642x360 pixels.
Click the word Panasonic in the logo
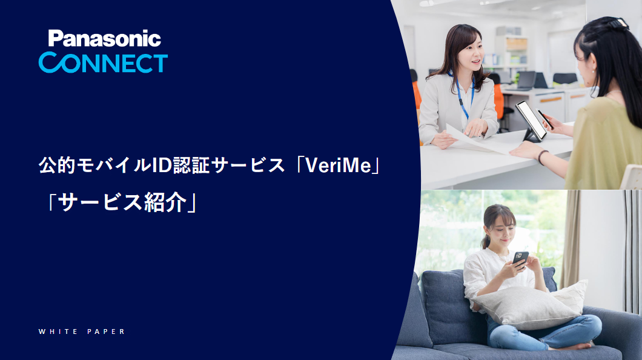point(104,39)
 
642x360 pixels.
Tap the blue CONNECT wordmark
point(103,63)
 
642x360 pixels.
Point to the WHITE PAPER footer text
point(82,332)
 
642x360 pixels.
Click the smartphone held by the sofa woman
point(520,258)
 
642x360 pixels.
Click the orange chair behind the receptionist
point(499,101)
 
